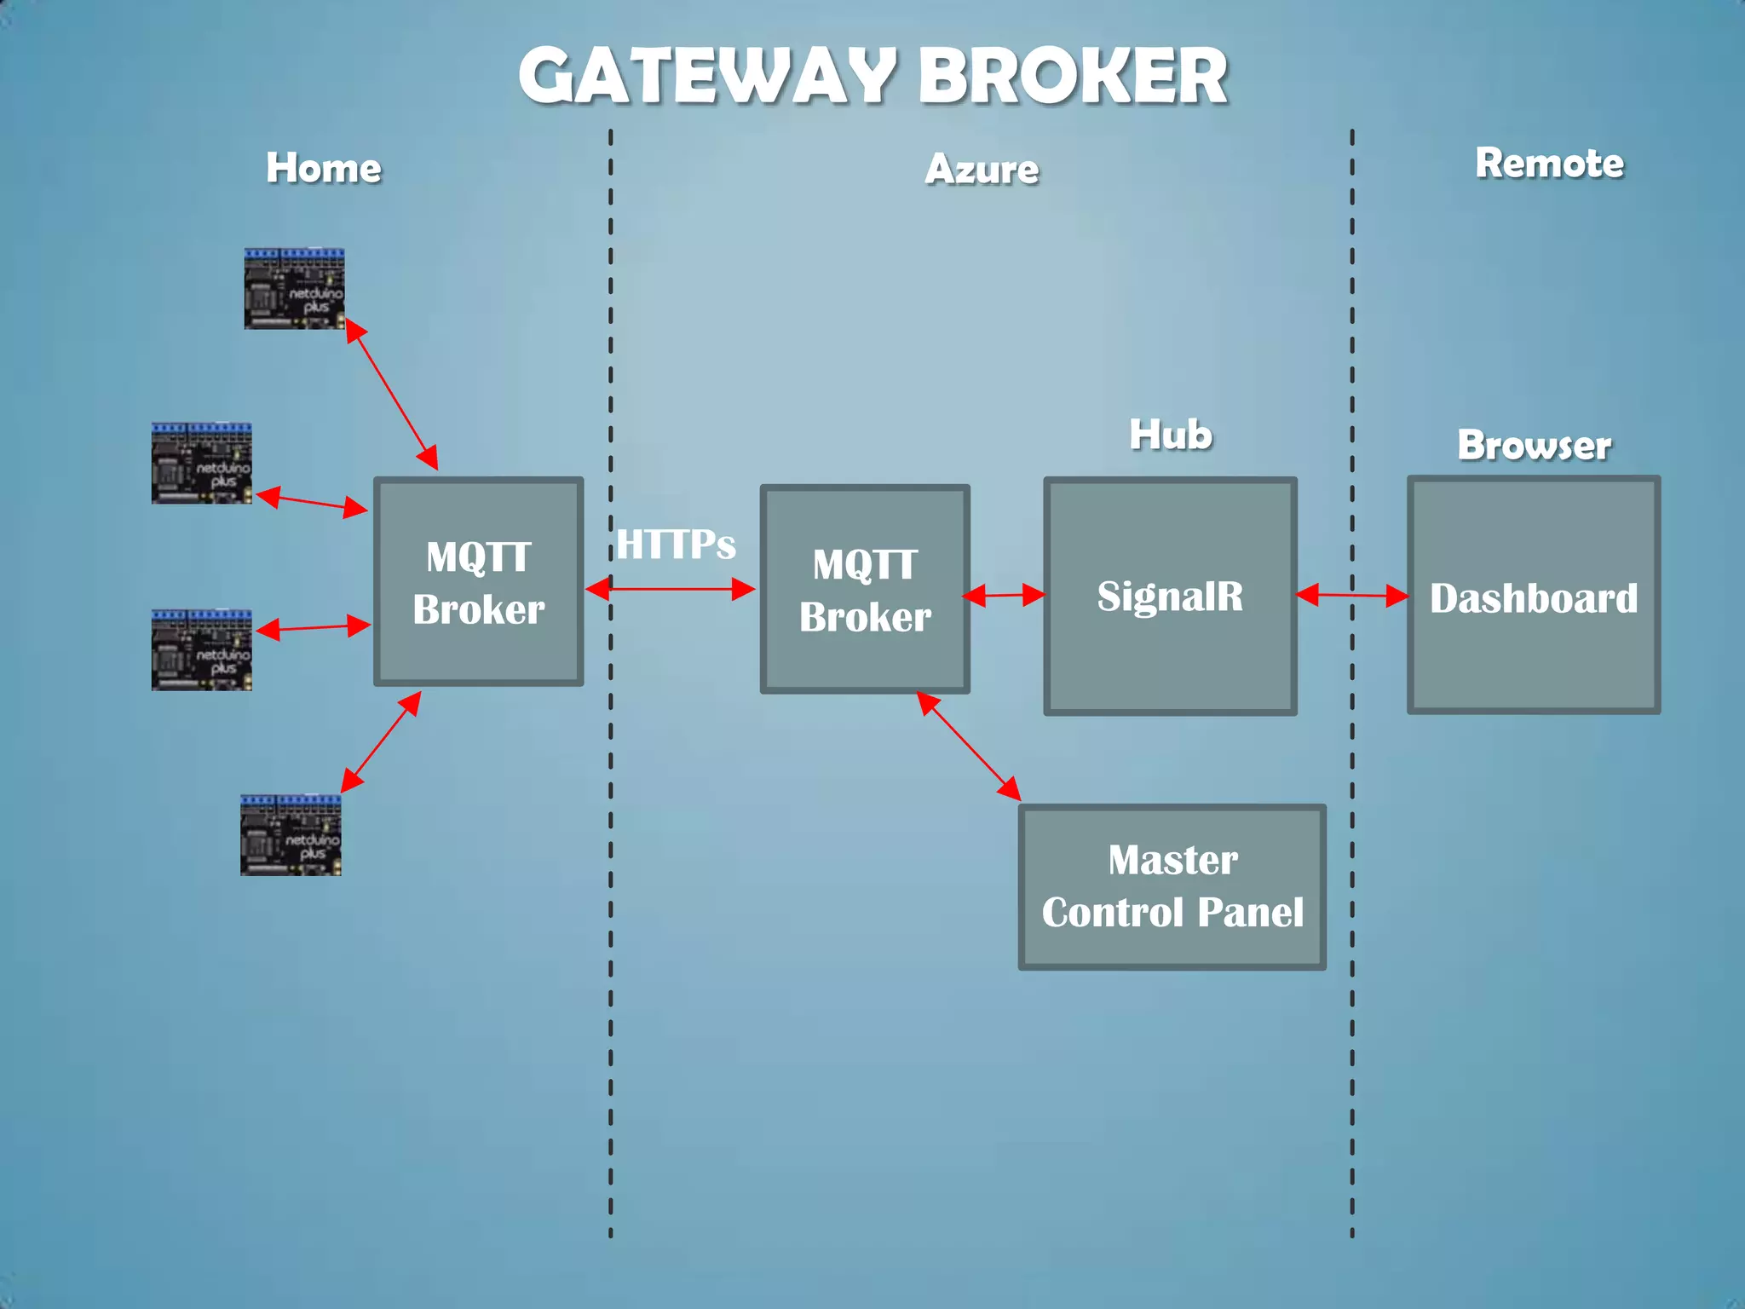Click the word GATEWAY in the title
(705, 77)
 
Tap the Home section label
(323, 168)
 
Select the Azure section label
(982, 170)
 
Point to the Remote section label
(1549, 164)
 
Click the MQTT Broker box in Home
(479, 582)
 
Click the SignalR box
(1170, 597)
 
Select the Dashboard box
(1533, 595)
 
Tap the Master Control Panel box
(1172, 886)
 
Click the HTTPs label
(676, 545)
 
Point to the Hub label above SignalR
(1170, 435)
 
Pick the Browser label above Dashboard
(1534, 446)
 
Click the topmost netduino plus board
(294, 289)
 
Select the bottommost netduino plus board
(291, 835)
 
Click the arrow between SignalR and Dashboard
(1351, 595)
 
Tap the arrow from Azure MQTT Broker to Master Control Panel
(969, 747)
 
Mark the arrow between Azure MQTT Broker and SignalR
(1004, 595)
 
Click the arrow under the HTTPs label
(671, 588)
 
